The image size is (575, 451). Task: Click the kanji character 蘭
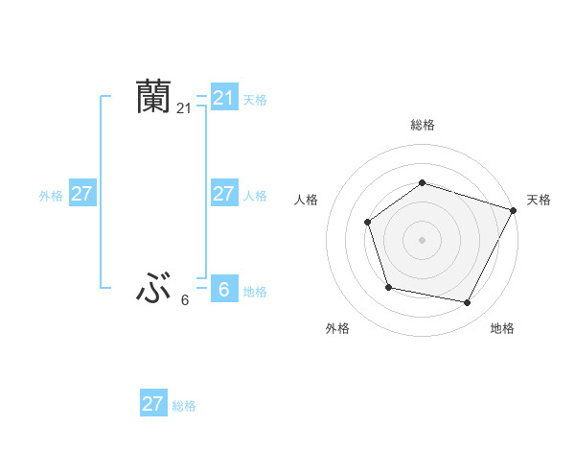[x=154, y=98]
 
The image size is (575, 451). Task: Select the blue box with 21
[x=223, y=98]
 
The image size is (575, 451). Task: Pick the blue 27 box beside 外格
[x=81, y=194]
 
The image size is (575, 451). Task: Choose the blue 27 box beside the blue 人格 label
[x=223, y=194]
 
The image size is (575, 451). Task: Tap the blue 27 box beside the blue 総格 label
[x=152, y=404]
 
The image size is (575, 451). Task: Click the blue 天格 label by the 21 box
[x=255, y=99]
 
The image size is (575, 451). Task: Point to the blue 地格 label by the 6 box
[x=255, y=292]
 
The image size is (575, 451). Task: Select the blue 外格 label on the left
[x=51, y=196]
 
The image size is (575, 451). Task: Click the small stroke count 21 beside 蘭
[x=184, y=108]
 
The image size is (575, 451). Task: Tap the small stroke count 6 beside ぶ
[x=185, y=300]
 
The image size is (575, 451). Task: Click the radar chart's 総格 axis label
[x=422, y=125]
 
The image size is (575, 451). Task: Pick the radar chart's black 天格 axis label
[x=539, y=200]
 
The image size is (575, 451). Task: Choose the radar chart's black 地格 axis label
[x=502, y=328]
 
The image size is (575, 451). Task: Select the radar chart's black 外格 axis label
[x=337, y=328]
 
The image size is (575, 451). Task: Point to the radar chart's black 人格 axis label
[x=306, y=200]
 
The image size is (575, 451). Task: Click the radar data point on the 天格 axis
[x=514, y=209]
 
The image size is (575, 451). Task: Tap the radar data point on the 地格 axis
[x=468, y=303]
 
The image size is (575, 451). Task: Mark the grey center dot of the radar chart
[x=422, y=239]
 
